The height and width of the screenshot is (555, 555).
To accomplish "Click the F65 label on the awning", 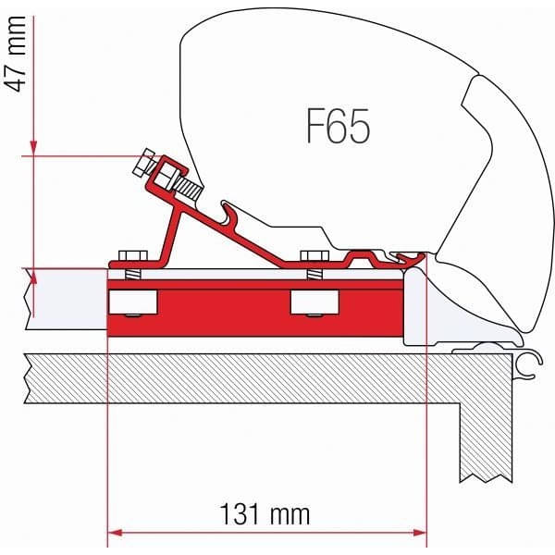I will pos(338,126).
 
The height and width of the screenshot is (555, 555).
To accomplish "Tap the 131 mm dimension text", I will pos(265,512).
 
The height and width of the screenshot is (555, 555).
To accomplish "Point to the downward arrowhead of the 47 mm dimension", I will pos(33,147).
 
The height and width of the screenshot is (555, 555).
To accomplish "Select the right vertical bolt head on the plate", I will pos(314,255).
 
